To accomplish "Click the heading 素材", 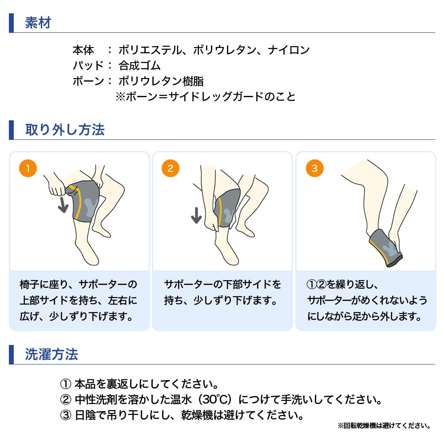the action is click(38, 23).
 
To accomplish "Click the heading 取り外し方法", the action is click(65, 130).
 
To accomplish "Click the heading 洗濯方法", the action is click(51, 354).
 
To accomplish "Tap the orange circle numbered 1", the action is click(28, 168).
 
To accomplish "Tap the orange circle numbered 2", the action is click(170, 168).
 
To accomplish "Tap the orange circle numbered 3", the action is click(315, 168).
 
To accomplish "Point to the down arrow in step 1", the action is click(63, 205).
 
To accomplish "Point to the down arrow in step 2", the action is click(196, 215).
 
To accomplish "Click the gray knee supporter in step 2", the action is click(227, 208).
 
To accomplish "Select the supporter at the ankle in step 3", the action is click(386, 248).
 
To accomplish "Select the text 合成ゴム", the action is click(139, 66).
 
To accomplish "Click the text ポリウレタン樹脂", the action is click(161, 81).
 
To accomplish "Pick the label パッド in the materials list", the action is click(88, 66).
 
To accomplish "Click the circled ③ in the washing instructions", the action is click(66, 416).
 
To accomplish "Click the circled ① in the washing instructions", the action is click(66, 384).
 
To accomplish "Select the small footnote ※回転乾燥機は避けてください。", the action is click(384, 426).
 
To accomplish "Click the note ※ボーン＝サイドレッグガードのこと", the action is click(206, 97).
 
